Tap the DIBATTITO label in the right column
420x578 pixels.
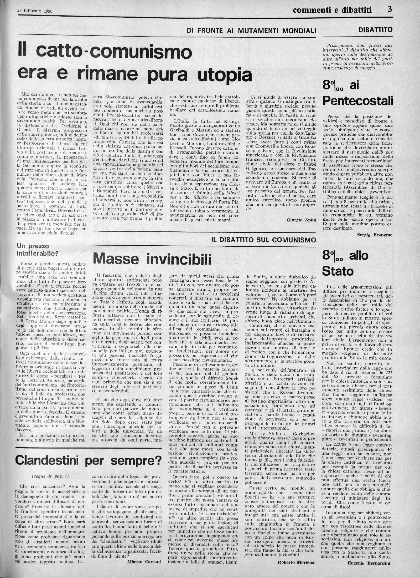click(x=375, y=30)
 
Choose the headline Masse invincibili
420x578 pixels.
click(x=152, y=259)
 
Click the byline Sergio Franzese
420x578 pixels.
click(x=375, y=235)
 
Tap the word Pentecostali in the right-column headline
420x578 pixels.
click(x=357, y=100)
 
